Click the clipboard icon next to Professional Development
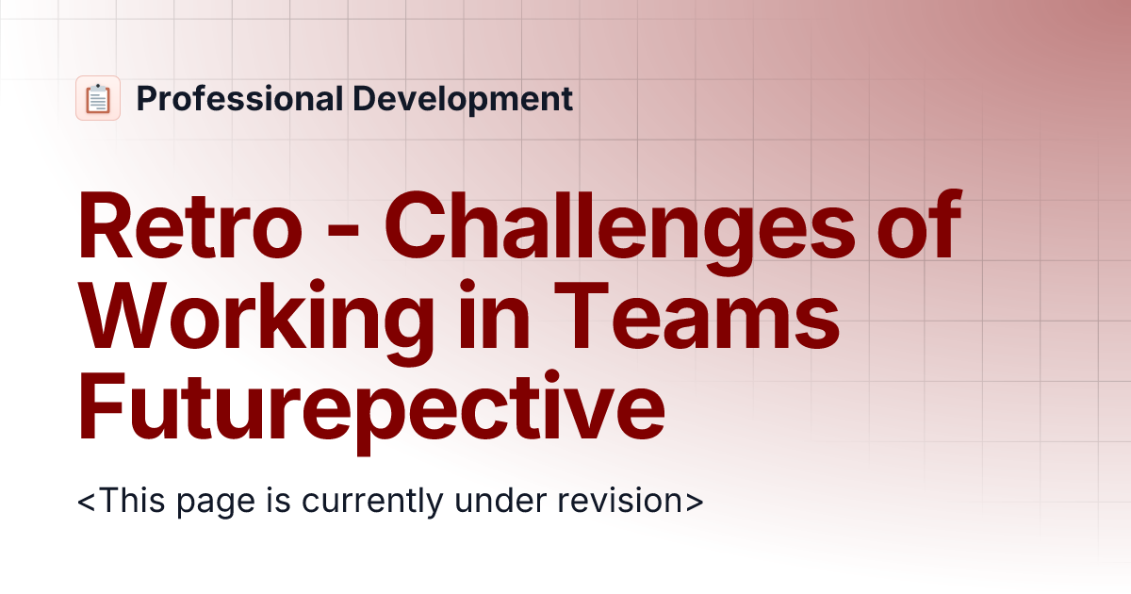98,98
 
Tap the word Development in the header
463,98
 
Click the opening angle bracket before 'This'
87,500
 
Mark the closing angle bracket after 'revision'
695,500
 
